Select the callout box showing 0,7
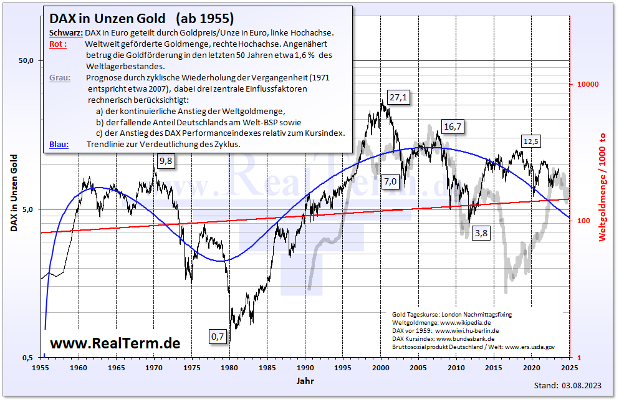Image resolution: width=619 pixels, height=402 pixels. click(x=218, y=337)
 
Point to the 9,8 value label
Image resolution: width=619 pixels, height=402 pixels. click(x=166, y=161)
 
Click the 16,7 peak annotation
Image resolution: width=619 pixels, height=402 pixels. click(x=453, y=127)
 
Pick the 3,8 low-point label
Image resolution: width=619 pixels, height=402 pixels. click(x=481, y=233)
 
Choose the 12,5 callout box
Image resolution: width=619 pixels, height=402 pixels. click(x=531, y=141)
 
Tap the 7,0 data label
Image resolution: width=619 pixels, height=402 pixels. click(x=390, y=181)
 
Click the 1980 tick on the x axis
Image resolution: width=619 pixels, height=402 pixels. click(x=229, y=368)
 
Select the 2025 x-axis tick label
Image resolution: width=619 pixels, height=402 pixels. click(x=569, y=368)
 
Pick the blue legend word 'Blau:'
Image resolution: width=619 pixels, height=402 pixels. click(x=59, y=144)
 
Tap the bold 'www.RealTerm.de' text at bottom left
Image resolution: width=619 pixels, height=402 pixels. click(x=115, y=343)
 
